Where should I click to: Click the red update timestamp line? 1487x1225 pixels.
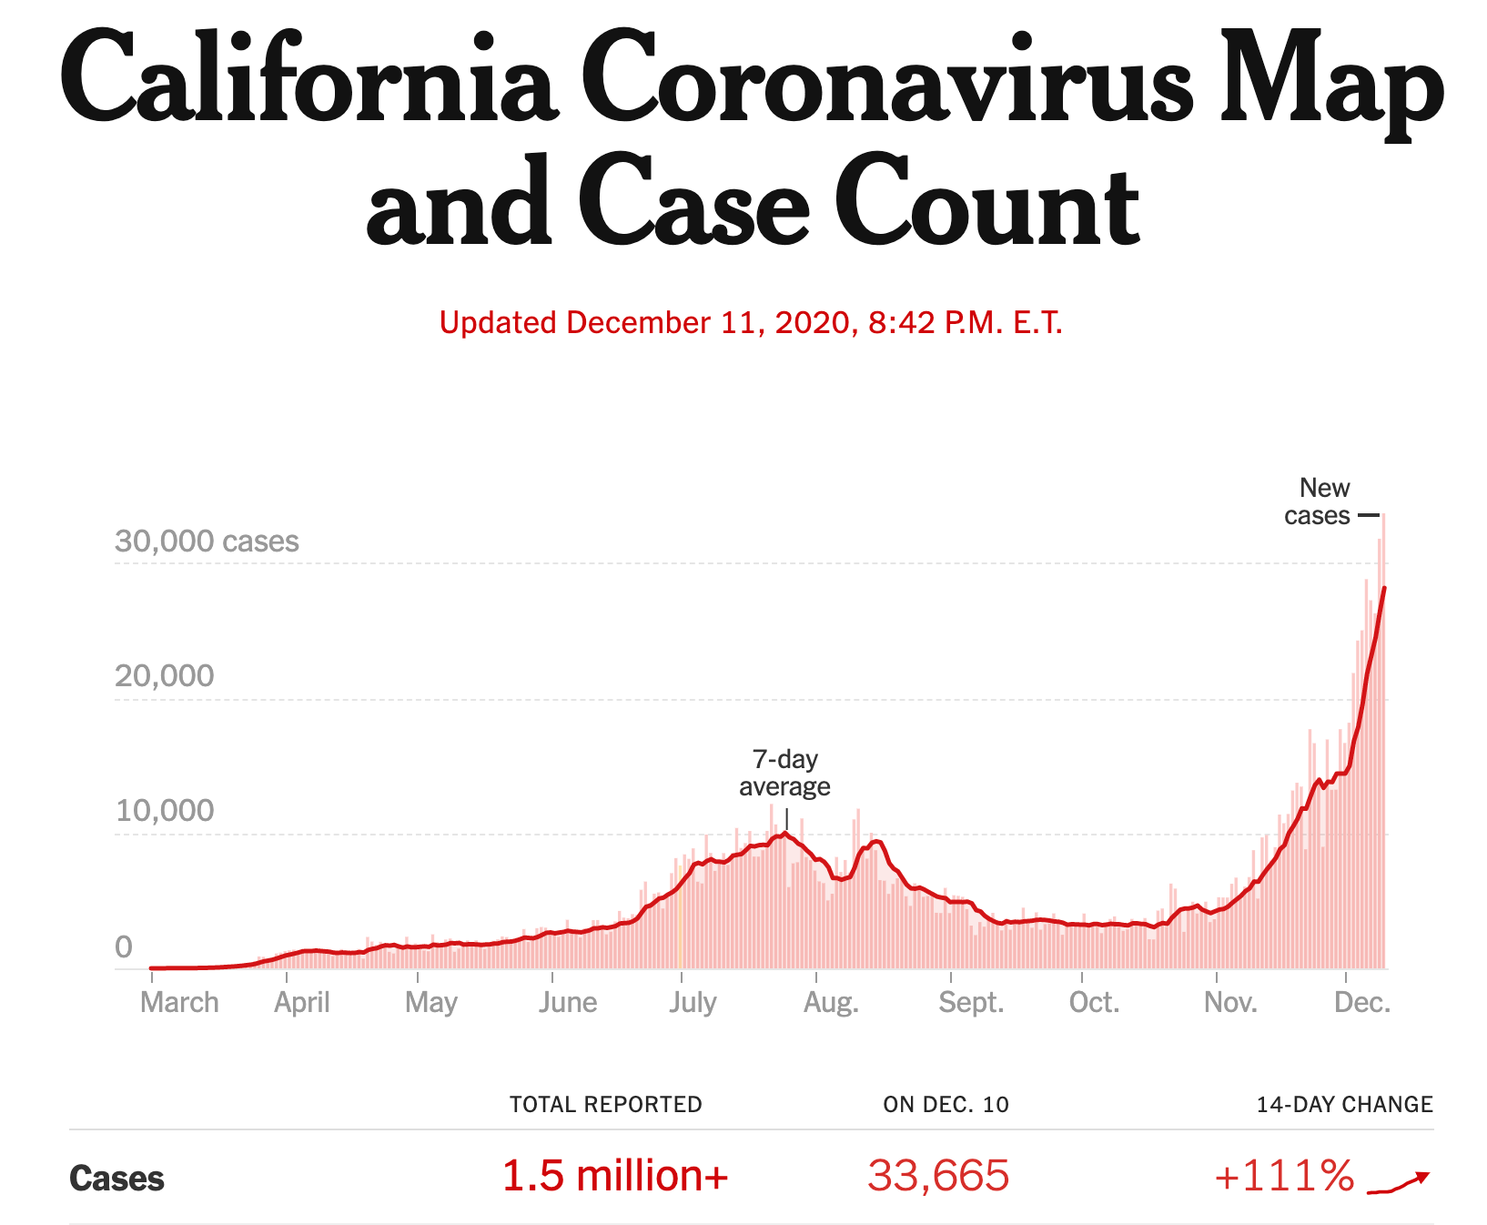(751, 323)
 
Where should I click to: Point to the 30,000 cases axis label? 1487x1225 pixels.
(207, 542)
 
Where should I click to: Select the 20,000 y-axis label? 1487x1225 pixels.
(164, 676)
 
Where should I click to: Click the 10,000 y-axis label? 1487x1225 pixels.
(164, 811)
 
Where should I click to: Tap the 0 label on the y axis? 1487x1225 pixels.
(124, 947)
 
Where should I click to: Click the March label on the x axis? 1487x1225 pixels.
(179, 1003)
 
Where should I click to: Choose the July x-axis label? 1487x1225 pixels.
(693, 1003)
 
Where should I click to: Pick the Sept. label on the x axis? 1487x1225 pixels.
(971, 1003)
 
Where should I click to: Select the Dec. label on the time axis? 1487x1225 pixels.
(1361, 1003)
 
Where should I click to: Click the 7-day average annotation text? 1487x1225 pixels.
(784, 773)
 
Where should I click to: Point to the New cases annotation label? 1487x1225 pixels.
(1319, 501)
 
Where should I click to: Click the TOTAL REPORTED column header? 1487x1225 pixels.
(605, 1105)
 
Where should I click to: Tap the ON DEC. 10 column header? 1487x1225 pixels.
(946, 1105)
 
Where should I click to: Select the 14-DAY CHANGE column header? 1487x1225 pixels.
(1344, 1105)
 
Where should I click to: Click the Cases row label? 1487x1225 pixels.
(116, 1179)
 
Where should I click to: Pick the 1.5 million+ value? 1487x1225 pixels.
(615, 1176)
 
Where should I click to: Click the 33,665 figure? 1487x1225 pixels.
(938, 1176)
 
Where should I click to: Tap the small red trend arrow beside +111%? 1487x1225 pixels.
(1399, 1181)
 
